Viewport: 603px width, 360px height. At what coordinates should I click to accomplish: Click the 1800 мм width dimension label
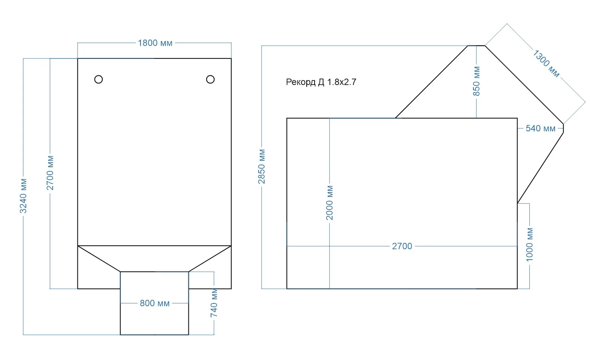[x=155, y=43]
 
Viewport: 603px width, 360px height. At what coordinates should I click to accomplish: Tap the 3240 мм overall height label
[x=23, y=196]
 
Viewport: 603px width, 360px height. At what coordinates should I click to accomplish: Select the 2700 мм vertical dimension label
[x=50, y=173]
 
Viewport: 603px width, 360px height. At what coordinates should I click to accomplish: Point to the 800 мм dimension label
[x=155, y=303]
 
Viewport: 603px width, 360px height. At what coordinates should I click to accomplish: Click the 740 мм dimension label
[x=214, y=302]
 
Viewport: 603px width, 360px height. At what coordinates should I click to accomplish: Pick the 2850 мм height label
[x=262, y=166]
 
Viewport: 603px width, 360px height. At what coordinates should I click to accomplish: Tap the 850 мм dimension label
[x=477, y=81]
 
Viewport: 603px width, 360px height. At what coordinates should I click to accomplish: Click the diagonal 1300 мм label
[x=546, y=64]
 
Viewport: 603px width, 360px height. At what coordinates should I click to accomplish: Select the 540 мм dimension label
[x=541, y=128]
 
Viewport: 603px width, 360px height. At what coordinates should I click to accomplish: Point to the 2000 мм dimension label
[x=330, y=203]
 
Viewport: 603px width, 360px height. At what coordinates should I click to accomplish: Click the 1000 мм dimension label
[x=529, y=245]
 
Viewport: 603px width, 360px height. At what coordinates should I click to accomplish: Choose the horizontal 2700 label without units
[x=402, y=246]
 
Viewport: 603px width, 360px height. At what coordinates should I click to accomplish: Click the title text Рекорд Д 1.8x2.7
[x=321, y=82]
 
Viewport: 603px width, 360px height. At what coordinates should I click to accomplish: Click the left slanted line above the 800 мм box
[x=99, y=258]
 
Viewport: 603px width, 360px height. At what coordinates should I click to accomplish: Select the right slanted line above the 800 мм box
[x=210, y=258]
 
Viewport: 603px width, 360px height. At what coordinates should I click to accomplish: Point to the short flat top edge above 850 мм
[x=477, y=46]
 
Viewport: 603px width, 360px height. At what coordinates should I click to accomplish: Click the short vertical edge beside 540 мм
[x=563, y=128]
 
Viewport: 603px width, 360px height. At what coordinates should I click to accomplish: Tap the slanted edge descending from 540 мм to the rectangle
[x=540, y=168]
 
